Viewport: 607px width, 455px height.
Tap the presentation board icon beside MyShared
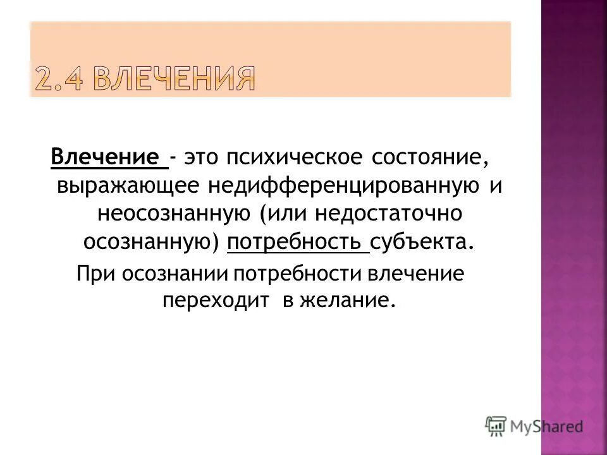(496, 425)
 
